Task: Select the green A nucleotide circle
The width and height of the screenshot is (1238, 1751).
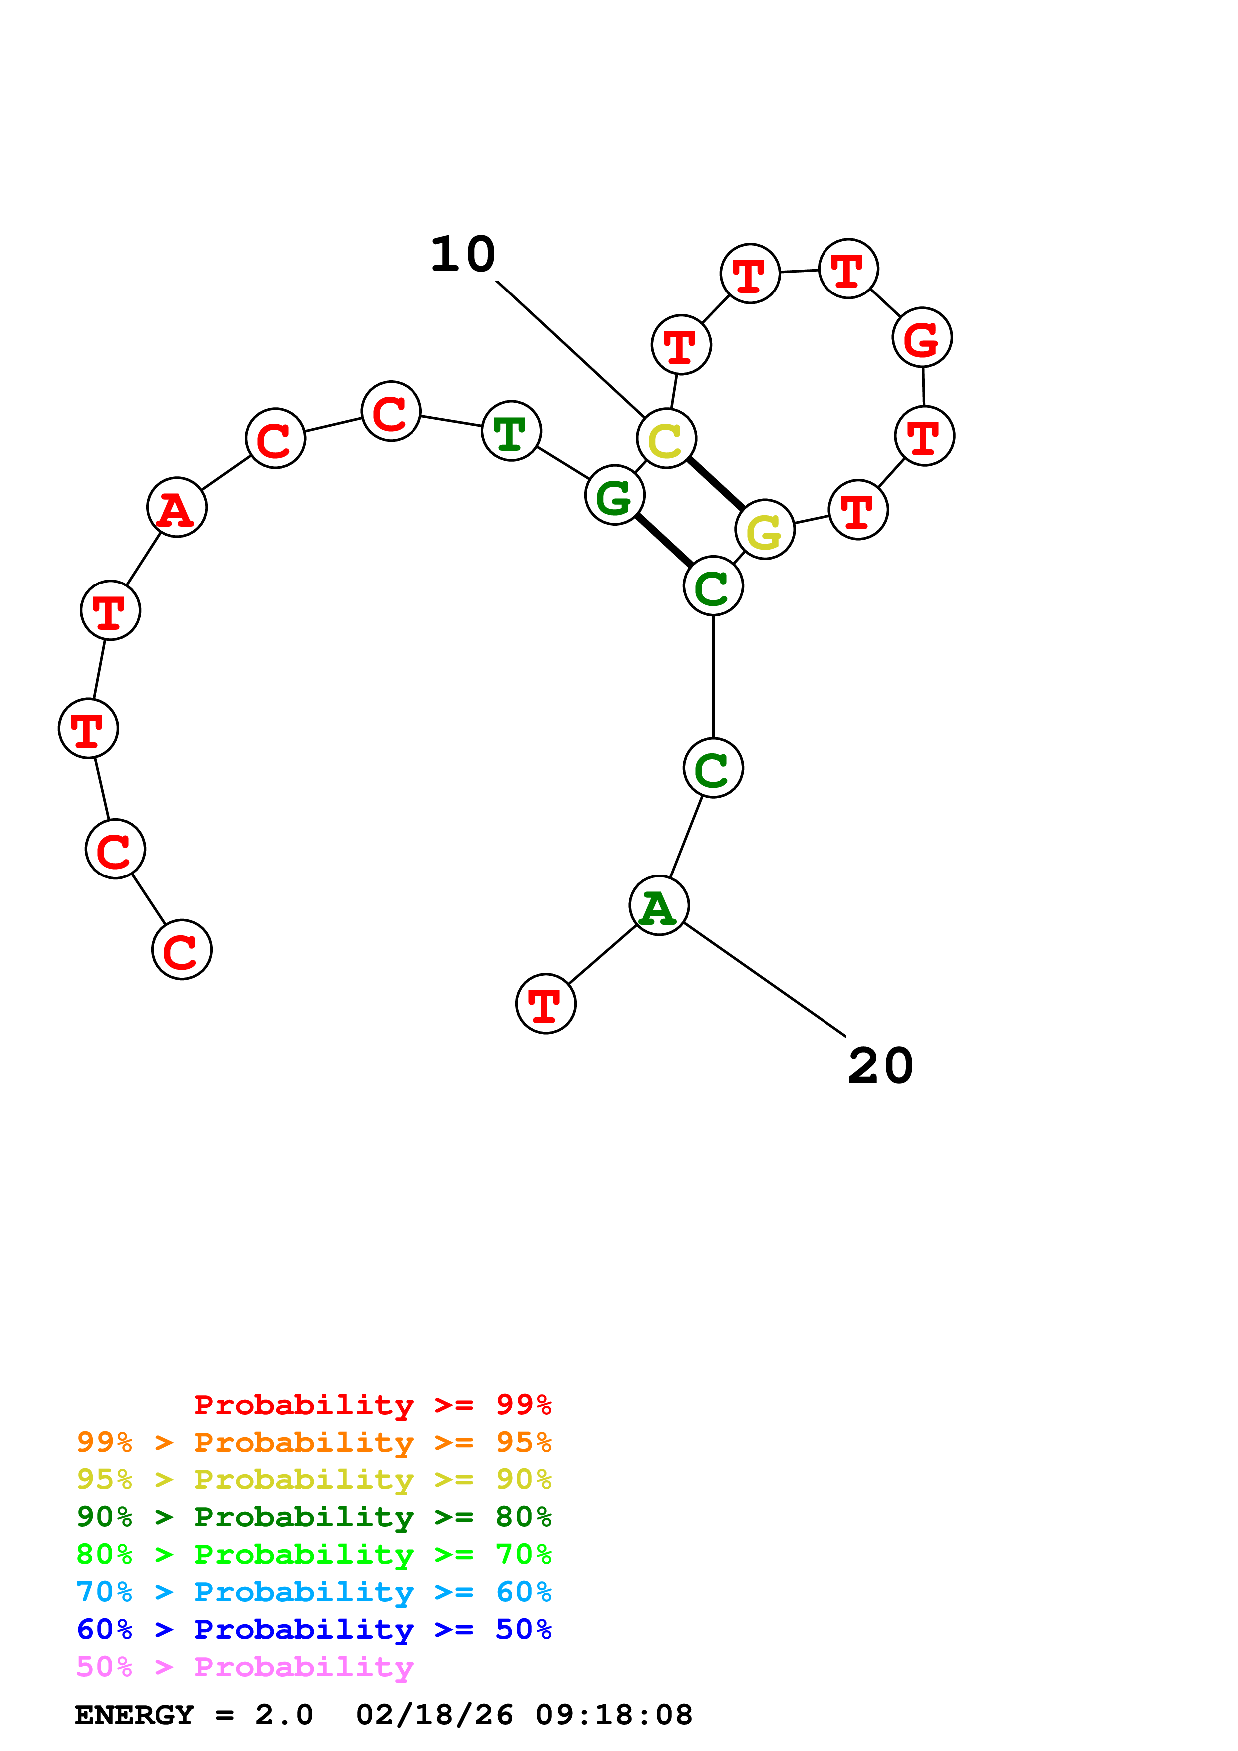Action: [x=659, y=905]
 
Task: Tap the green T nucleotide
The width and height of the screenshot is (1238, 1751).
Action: [x=511, y=431]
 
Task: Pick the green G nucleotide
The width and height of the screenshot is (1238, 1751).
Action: [x=615, y=495]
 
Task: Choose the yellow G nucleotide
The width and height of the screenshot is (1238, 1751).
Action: [x=764, y=529]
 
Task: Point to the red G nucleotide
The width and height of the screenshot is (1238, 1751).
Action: [x=922, y=338]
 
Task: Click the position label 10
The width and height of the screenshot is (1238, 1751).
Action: [x=463, y=254]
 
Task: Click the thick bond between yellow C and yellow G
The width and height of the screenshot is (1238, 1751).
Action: [x=716, y=484]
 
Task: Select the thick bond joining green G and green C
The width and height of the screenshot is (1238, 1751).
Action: [x=664, y=541]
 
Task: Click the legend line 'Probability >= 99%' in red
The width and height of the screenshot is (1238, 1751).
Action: [x=372, y=1404]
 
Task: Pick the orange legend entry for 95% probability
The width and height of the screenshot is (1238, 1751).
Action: [x=314, y=1442]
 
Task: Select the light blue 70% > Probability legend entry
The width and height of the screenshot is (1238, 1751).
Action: [x=314, y=1592]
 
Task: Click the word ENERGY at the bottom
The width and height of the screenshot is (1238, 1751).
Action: [x=134, y=1715]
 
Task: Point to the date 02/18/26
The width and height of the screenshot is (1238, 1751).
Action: [x=435, y=1715]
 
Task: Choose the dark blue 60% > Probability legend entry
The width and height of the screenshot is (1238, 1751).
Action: [x=314, y=1629]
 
